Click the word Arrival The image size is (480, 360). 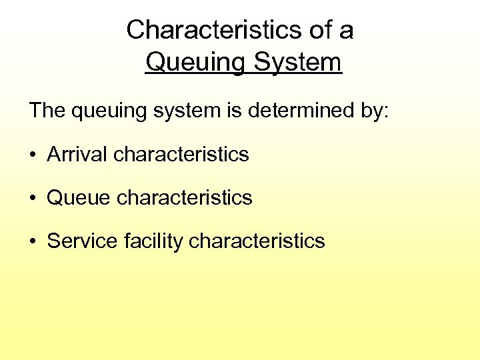coord(77,154)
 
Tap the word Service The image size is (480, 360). coord(83,241)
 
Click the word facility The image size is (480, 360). coord(154,241)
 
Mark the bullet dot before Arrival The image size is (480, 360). coord(33,155)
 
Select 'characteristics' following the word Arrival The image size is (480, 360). coord(181,154)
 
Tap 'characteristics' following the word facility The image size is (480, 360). coord(257,241)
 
